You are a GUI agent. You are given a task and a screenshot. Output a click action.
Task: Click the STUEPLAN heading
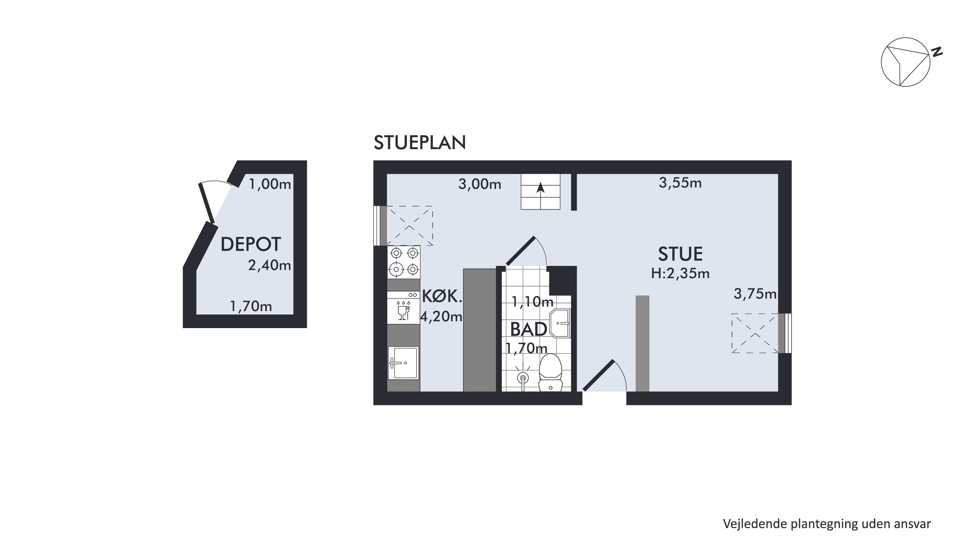pyautogui.click(x=420, y=143)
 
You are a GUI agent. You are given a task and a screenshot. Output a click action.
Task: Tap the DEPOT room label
pyautogui.click(x=250, y=244)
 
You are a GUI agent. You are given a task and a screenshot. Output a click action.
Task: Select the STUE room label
pyautogui.click(x=680, y=254)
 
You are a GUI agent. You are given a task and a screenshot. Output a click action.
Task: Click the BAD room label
pyautogui.click(x=529, y=329)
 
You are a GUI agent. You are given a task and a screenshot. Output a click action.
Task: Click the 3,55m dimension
pyautogui.click(x=680, y=183)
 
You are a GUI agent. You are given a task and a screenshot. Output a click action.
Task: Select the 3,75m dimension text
pyautogui.click(x=755, y=294)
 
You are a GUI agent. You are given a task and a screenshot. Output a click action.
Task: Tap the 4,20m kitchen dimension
pyautogui.click(x=441, y=317)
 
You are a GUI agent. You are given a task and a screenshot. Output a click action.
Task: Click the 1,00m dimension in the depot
pyautogui.click(x=270, y=184)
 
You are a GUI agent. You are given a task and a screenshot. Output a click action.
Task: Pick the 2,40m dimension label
pyautogui.click(x=270, y=265)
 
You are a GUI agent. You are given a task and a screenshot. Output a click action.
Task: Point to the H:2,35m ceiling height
pyautogui.click(x=680, y=274)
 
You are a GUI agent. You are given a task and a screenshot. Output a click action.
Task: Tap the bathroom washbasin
pyautogui.click(x=560, y=323)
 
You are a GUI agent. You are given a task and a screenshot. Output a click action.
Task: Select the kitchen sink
pyautogui.click(x=404, y=362)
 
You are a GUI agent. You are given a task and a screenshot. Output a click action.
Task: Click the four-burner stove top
pyautogui.click(x=404, y=262)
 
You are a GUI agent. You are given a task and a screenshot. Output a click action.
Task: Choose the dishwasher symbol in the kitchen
pyautogui.click(x=404, y=308)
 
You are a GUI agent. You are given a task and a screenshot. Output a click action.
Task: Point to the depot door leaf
pyautogui.click(x=207, y=203)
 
